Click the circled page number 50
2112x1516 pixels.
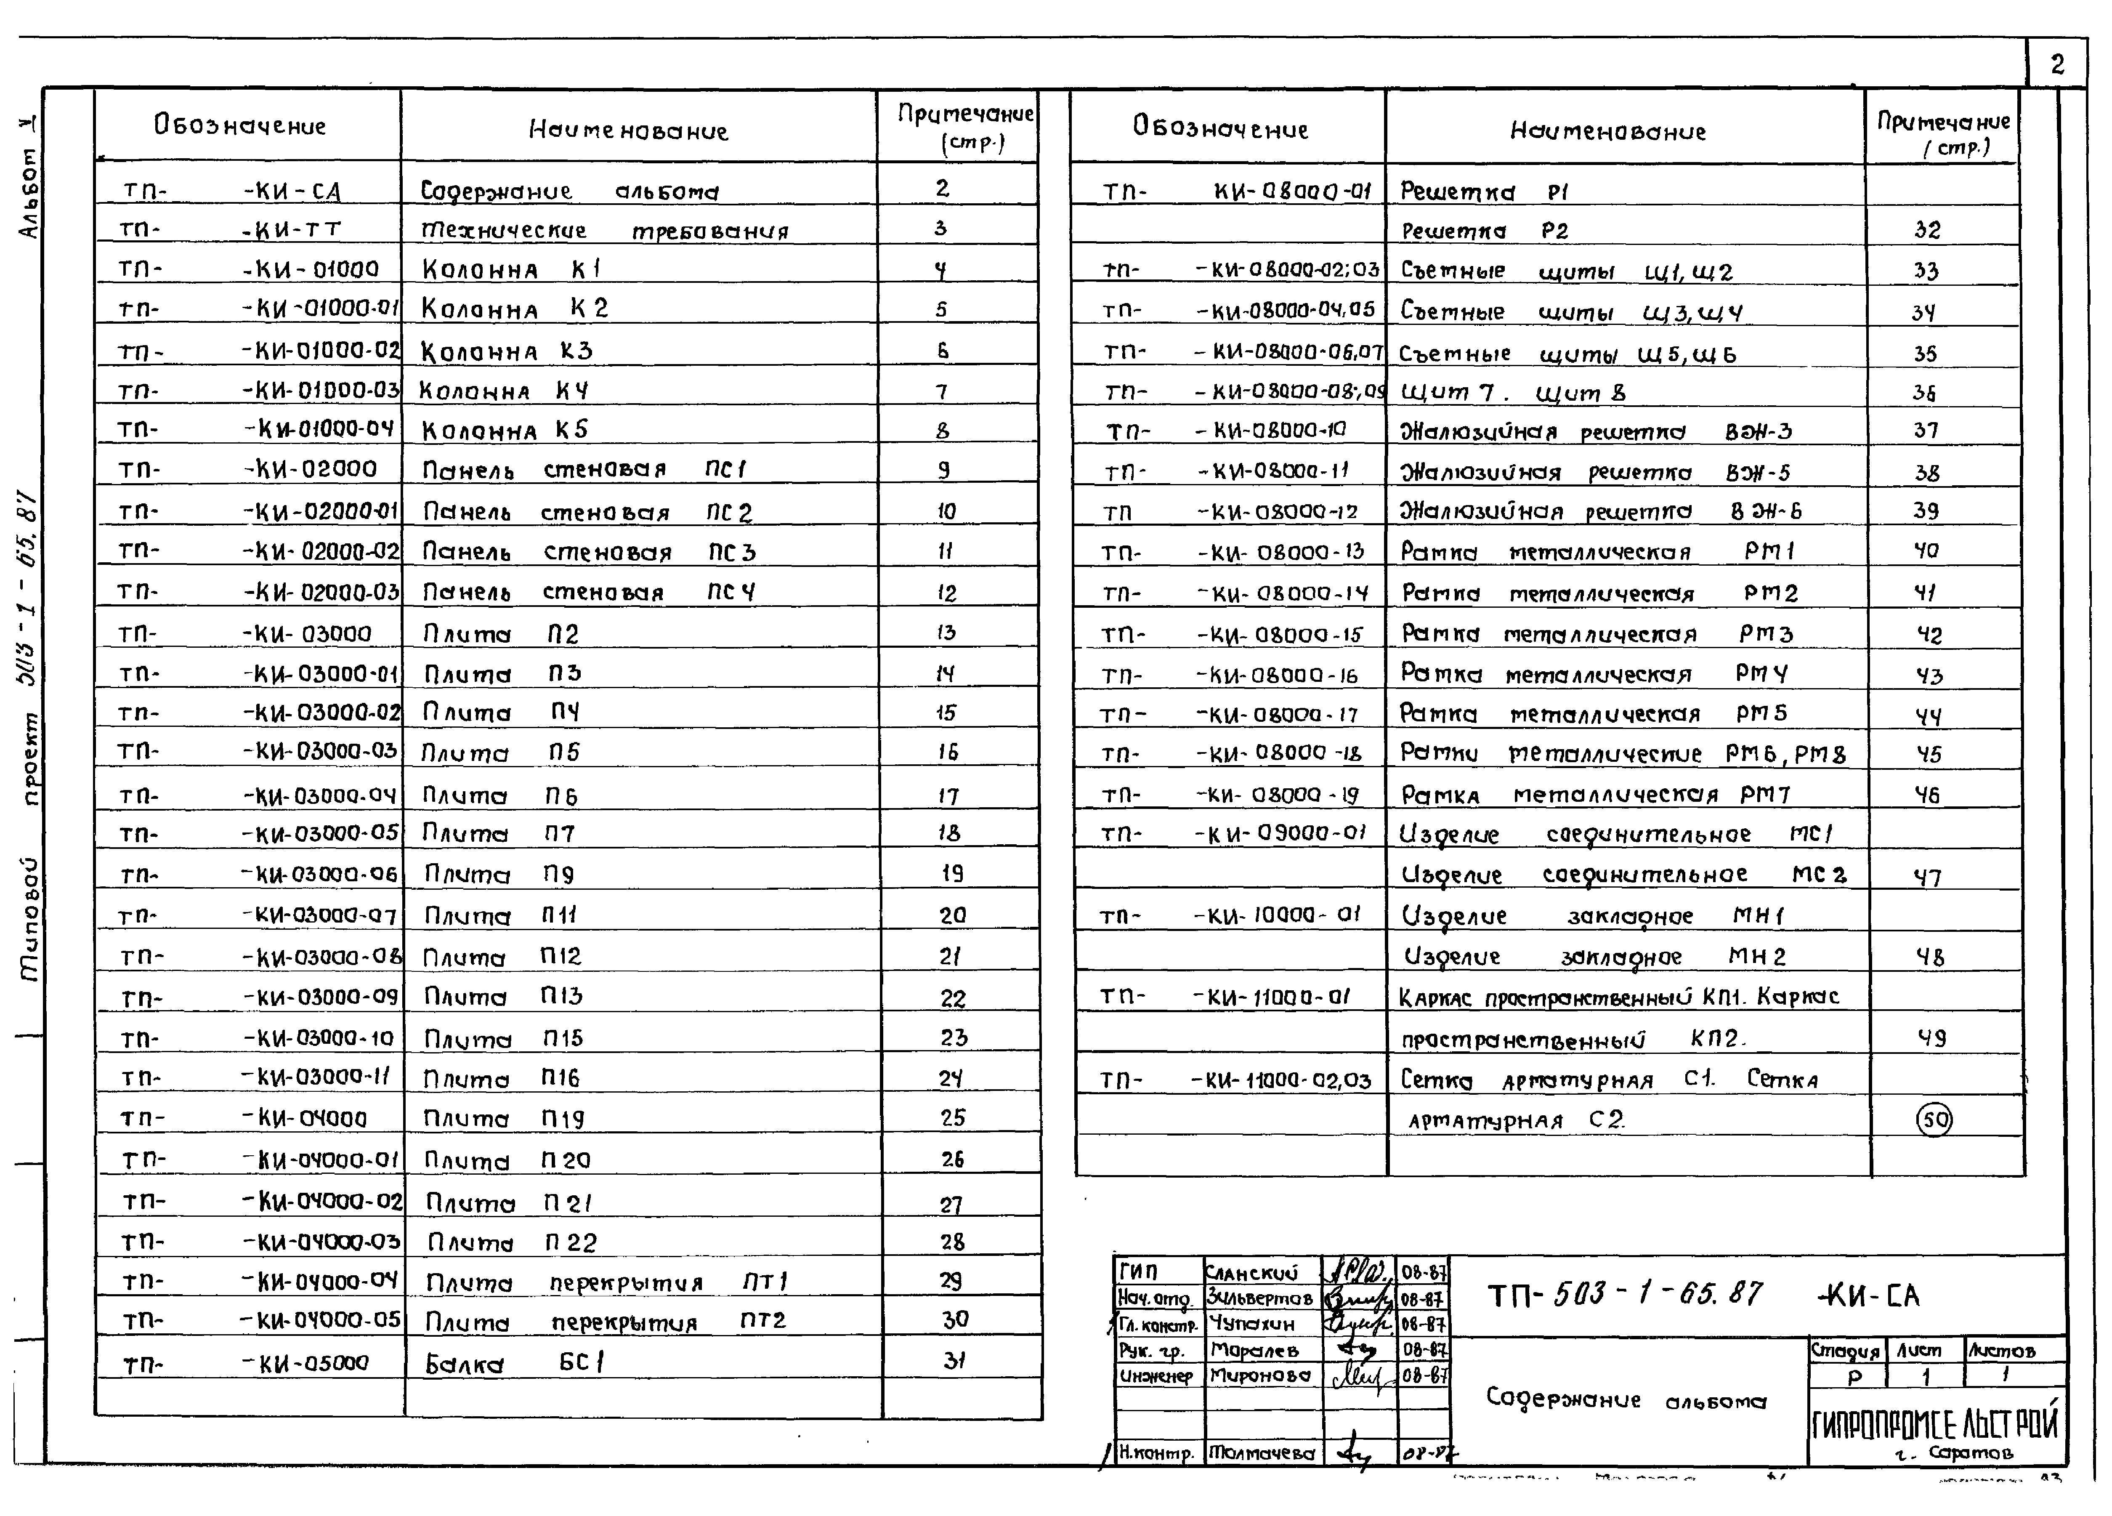[1934, 1119]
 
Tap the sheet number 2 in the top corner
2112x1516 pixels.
[2057, 64]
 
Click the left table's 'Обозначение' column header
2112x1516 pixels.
[240, 126]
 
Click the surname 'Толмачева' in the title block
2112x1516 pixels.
[1262, 1453]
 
